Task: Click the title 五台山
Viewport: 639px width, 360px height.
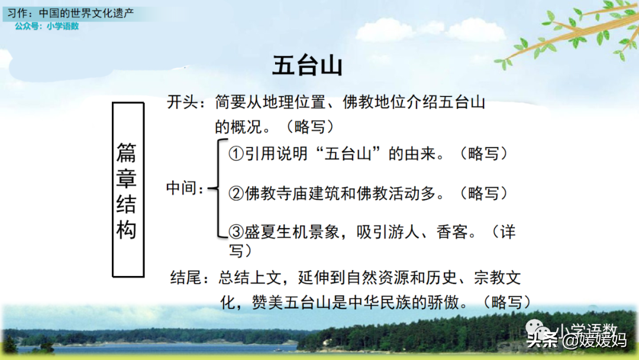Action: coord(307,66)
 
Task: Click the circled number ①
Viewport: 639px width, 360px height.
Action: coord(236,154)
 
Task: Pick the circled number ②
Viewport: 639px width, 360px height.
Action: coord(236,193)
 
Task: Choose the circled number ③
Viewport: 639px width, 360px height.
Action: coord(236,232)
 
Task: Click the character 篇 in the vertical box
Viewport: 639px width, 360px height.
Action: coord(127,152)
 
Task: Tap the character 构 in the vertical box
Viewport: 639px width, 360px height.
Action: coord(127,230)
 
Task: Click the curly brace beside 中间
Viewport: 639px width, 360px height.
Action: coord(218,188)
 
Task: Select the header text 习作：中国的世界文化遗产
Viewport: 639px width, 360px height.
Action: coord(70,13)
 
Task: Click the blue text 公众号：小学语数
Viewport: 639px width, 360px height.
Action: coord(47,26)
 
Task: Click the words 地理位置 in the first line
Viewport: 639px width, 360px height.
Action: coord(294,102)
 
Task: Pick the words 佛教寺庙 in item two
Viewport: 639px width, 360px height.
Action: coord(276,193)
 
